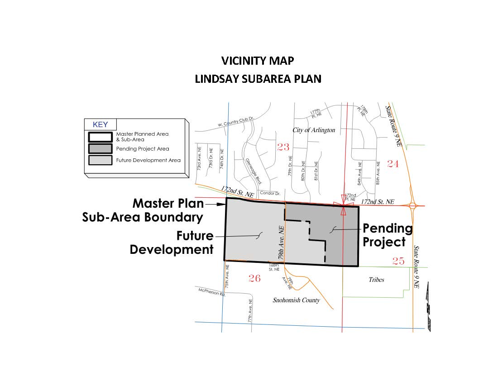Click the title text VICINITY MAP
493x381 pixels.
click(x=258, y=61)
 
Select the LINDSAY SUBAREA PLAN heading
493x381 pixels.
click(x=258, y=79)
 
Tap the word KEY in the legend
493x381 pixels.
click(x=101, y=124)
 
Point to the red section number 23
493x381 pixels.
click(x=283, y=147)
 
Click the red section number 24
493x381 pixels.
click(x=392, y=164)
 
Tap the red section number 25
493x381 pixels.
click(x=398, y=261)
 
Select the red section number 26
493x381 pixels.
click(x=254, y=278)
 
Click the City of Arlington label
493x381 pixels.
click(x=314, y=130)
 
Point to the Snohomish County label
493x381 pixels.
click(x=296, y=300)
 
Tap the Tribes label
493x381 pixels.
click(x=376, y=280)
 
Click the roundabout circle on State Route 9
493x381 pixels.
click(x=412, y=206)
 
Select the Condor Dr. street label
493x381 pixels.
click(x=270, y=194)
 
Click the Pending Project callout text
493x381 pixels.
click(x=388, y=235)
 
